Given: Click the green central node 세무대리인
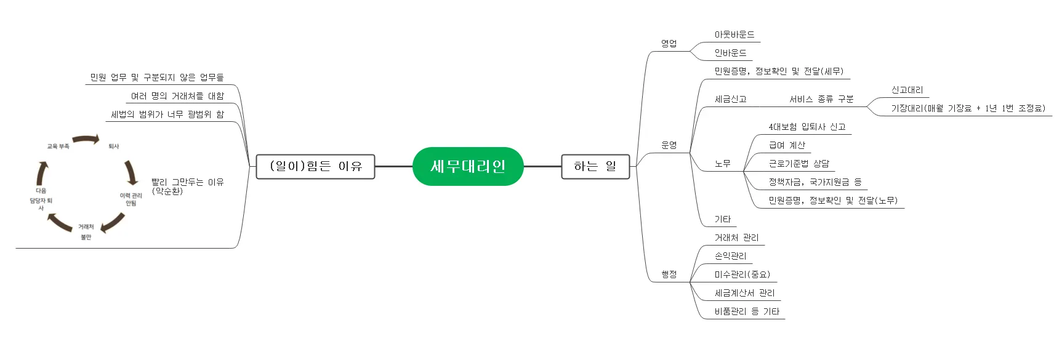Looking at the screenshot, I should [x=467, y=166].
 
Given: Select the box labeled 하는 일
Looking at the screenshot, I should [x=595, y=166].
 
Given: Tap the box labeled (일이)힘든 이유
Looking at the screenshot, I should [x=315, y=166].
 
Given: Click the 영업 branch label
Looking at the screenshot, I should [x=669, y=44].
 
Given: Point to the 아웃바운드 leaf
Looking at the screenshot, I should [x=734, y=35].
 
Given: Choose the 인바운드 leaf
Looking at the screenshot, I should [x=730, y=54].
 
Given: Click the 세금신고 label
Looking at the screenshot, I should [x=730, y=99].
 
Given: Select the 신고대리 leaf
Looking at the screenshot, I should [x=907, y=90].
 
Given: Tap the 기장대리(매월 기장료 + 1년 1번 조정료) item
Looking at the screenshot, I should [x=968, y=109].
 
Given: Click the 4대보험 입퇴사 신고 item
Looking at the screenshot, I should [x=807, y=127].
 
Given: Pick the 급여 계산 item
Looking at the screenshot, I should [x=786, y=146].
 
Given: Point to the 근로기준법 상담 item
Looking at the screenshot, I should [x=799, y=164].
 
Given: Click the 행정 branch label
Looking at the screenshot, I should [x=669, y=274].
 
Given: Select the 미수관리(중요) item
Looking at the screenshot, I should [x=742, y=275].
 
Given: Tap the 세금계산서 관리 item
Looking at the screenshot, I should [x=744, y=294].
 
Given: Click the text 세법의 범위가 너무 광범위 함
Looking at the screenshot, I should [x=167, y=114].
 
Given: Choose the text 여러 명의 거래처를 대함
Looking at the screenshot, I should [x=177, y=96].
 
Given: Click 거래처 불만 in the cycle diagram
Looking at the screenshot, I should [x=86, y=232].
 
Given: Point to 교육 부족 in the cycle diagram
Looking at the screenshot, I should [x=58, y=146].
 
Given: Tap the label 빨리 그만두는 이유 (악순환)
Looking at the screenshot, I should [x=187, y=186].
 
